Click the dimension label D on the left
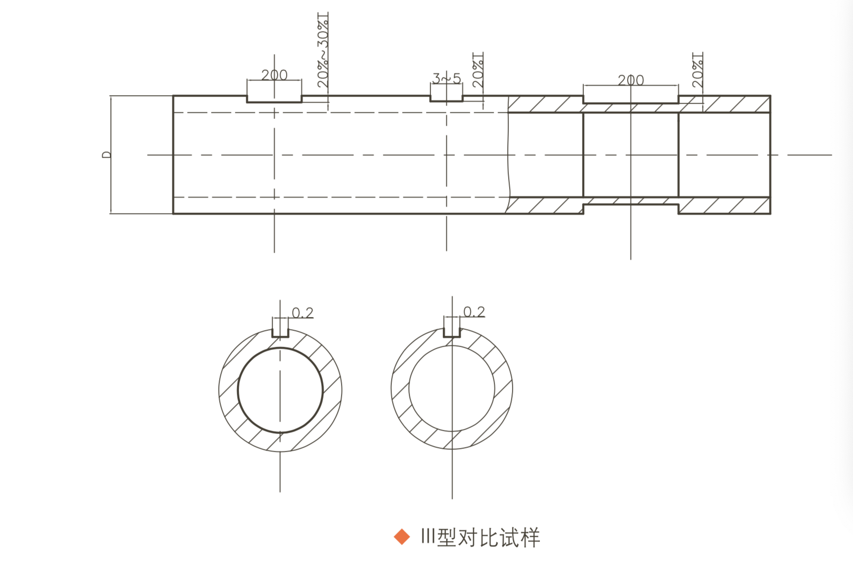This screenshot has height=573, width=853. point(106,155)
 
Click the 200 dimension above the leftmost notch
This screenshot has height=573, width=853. point(274,75)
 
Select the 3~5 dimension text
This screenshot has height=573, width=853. point(447,78)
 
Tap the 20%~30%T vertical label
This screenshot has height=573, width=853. point(323,51)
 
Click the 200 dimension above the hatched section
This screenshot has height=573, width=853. point(630,80)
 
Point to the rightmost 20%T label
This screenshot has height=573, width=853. point(698,70)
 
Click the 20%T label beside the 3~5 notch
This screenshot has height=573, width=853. point(478,70)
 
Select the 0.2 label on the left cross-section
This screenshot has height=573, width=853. point(303,313)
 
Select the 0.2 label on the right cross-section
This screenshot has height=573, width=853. point(474,312)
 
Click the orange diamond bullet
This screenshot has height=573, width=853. point(402,537)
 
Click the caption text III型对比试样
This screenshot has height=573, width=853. point(480,538)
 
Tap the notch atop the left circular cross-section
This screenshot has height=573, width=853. point(280,333)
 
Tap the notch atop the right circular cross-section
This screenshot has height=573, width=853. point(452,332)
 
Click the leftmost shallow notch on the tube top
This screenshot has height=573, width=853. point(274,99)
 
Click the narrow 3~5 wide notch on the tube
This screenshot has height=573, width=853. point(447,98)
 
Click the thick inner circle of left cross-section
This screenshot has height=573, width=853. point(238,391)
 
